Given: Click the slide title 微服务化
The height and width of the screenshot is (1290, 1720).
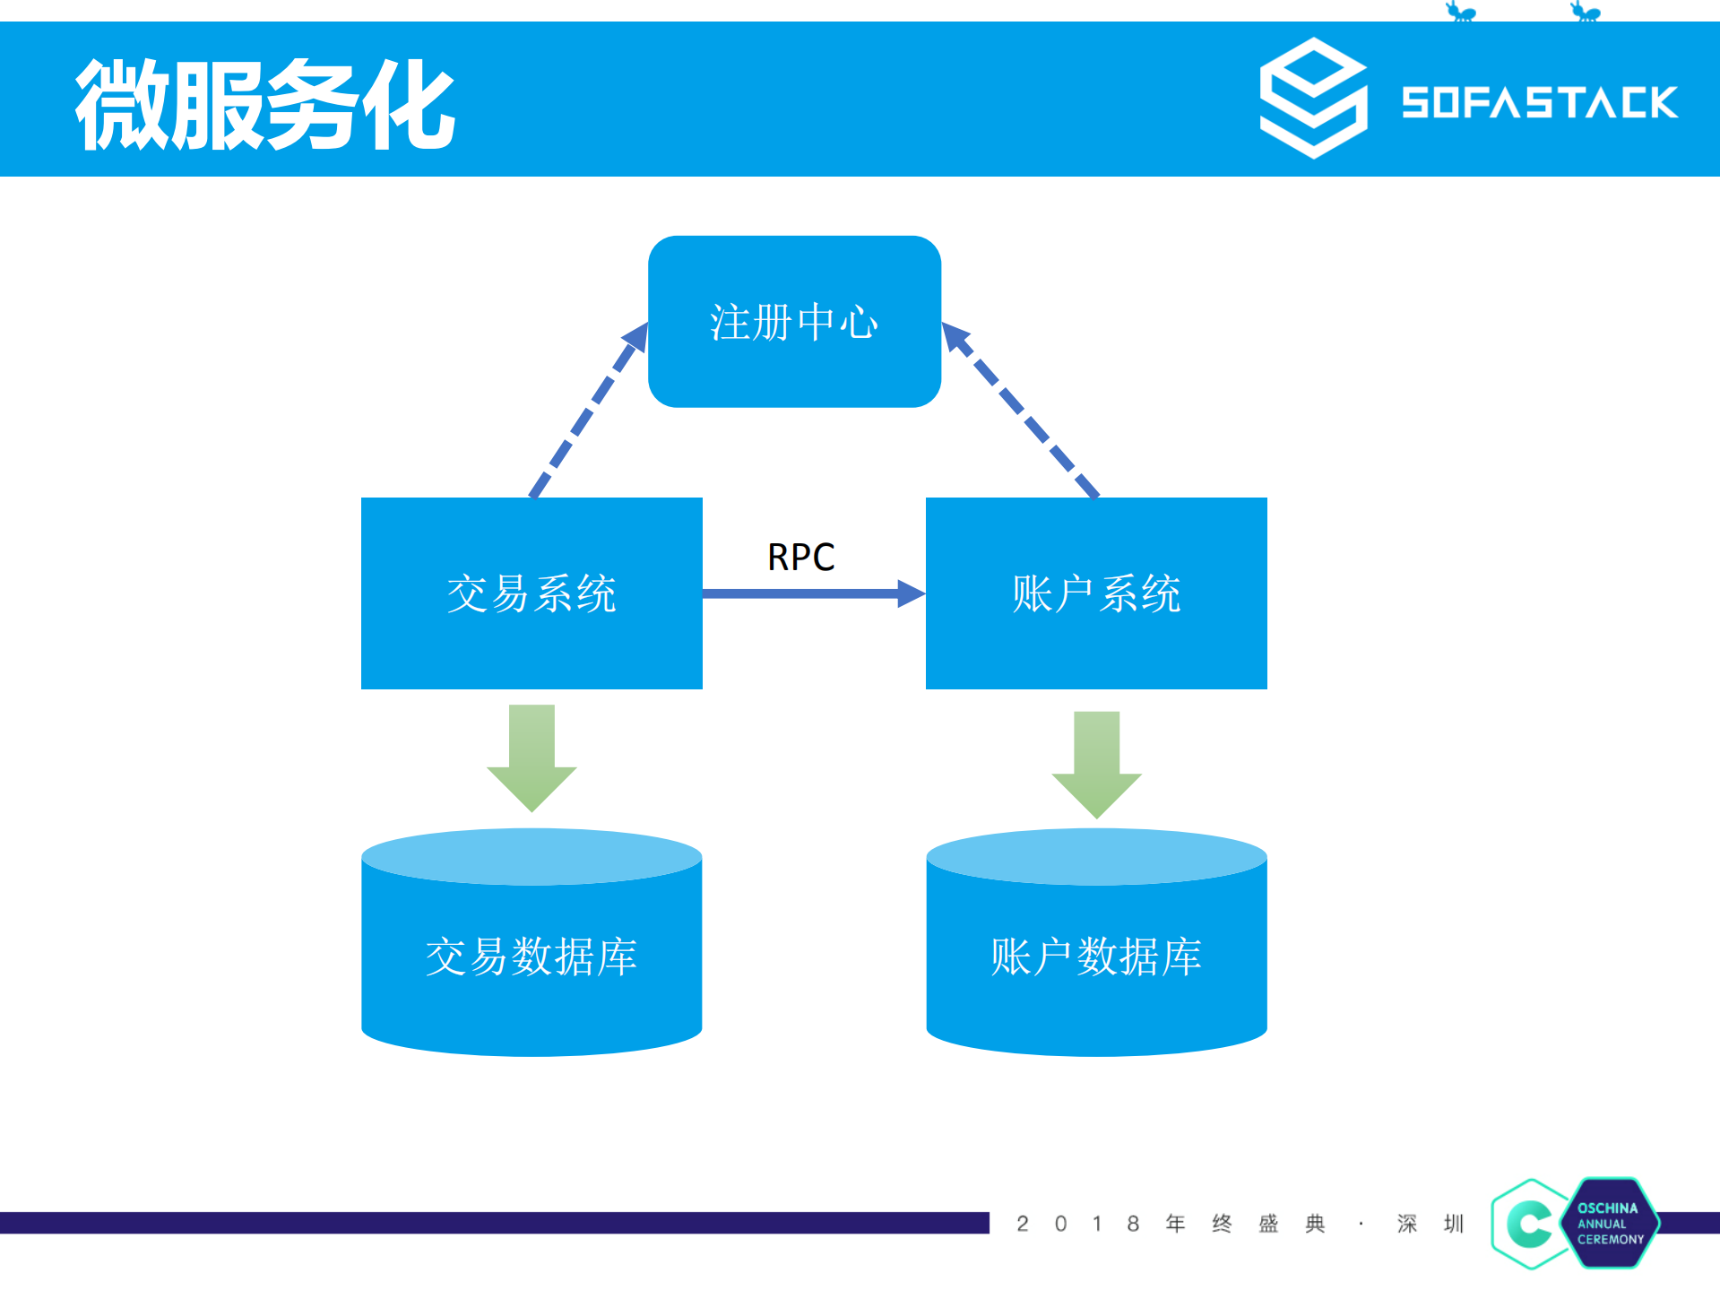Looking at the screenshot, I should click(x=265, y=104).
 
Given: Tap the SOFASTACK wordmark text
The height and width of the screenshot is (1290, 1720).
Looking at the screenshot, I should click(x=1539, y=102).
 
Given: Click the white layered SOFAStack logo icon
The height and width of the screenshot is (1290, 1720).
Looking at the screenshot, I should click(x=1313, y=98).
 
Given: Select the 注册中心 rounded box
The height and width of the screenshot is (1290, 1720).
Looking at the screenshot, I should click(x=794, y=322).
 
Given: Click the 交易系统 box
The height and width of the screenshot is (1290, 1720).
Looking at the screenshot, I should click(x=532, y=593).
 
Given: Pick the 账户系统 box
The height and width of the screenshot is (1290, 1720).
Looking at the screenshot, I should click(x=1096, y=593).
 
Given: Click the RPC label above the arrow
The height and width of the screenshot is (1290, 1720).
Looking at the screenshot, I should click(x=800, y=557).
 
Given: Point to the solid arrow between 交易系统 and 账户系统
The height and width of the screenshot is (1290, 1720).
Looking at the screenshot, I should click(x=811, y=593).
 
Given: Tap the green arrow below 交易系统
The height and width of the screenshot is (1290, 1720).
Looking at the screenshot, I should click(x=532, y=758).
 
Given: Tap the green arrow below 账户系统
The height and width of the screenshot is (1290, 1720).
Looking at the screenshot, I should click(x=1096, y=764).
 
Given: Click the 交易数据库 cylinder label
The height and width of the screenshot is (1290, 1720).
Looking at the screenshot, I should click(x=532, y=957).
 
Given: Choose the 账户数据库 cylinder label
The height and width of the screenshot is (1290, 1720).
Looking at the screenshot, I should click(x=1096, y=957).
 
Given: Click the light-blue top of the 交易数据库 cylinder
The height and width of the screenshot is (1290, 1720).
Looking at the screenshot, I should click(x=532, y=856).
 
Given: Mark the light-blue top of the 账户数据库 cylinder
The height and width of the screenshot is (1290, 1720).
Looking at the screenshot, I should click(x=1096, y=856).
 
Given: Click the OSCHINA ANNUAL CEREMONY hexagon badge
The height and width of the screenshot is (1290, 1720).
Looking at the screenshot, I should click(x=1612, y=1223).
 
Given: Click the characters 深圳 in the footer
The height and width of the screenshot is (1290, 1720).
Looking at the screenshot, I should click(x=1430, y=1224).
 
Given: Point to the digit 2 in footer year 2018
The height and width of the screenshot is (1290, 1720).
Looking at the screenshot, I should click(x=1023, y=1224).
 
